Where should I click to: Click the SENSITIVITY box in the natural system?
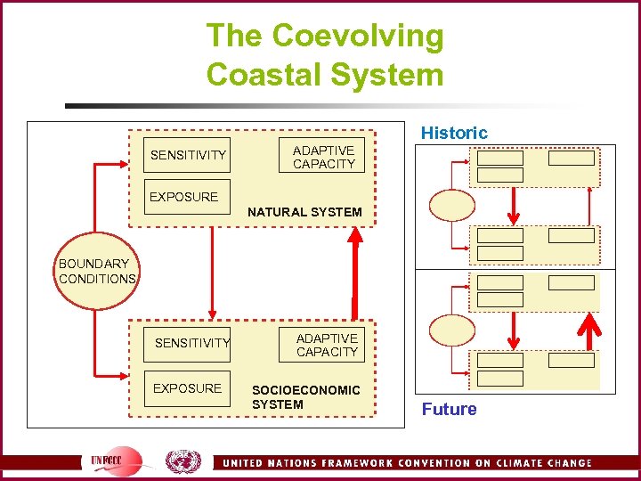[x=188, y=155]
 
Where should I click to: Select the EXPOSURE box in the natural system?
[x=183, y=197]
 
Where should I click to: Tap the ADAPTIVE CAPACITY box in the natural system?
[x=324, y=157]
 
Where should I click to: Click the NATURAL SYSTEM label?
[x=304, y=212]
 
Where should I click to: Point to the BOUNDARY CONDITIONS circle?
[x=96, y=272]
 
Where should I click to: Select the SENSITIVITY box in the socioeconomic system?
[x=191, y=343]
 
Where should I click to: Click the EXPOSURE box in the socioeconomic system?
[x=187, y=388]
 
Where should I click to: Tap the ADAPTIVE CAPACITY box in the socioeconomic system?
[x=327, y=345]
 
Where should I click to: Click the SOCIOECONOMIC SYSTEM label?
[x=305, y=397]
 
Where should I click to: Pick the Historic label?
[x=454, y=133]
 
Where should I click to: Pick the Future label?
[x=449, y=409]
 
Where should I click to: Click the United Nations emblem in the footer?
[x=183, y=461]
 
